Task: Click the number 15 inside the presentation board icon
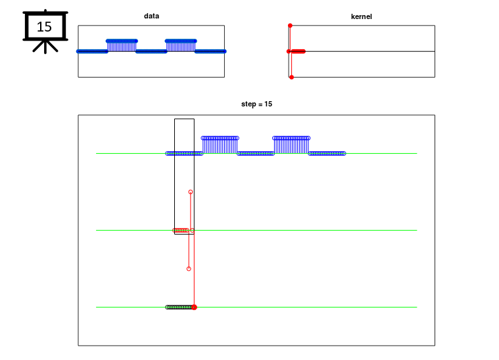tap(44, 27)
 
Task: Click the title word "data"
tap(151, 16)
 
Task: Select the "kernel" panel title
tap(361, 16)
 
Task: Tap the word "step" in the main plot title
tap(248, 104)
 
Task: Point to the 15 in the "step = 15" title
tap(268, 104)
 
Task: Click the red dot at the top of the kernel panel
tap(290, 26)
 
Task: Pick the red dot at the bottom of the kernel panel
tap(291, 78)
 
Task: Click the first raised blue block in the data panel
tap(122, 45)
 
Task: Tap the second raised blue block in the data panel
tap(181, 45)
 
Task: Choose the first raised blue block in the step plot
tap(220, 145)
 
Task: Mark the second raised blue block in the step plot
tap(291, 145)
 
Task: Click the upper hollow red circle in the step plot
tap(190, 192)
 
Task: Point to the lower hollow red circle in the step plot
tap(189, 269)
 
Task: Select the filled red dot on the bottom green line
tap(194, 307)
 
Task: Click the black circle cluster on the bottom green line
tap(179, 307)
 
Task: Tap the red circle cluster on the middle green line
tap(181, 230)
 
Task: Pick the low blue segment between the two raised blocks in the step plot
tap(256, 154)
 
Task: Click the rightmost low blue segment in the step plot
tap(327, 154)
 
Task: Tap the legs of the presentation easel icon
tap(45, 47)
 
